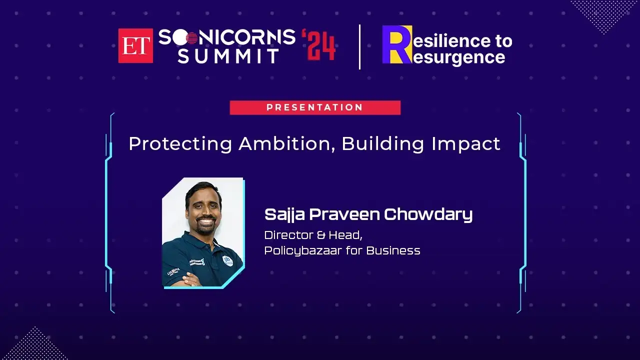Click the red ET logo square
pyautogui.click(x=135, y=45)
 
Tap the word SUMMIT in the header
pyautogui.click(x=228, y=55)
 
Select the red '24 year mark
pyautogui.click(x=318, y=45)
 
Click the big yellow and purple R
pyautogui.click(x=397, y=44)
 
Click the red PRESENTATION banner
pyautogui.click(x=315, y=107)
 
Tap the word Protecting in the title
pyautogui.click(x=180, y=143)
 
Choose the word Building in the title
pyautogui.click(x=383, y=143)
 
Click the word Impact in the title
pyautogui.click(x=466, y=144)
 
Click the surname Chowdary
pyautogui.click(x=428, y=215)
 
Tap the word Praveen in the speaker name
pyautogui.click(x=344, y=214)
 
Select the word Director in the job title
pyautogui.click(x=289, y=235)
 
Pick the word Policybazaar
pyautogui.click(x=303, y=251)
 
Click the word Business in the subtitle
pyautogui.click(x=393, y=250)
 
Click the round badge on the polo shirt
pyautogui.click(x=227, y=260)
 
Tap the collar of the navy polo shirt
pyautogui.click(x=200, y=240)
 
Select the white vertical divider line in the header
pyautogui.click(x=359, y=47)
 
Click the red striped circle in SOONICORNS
pyautogui.click(x=191, y=37)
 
